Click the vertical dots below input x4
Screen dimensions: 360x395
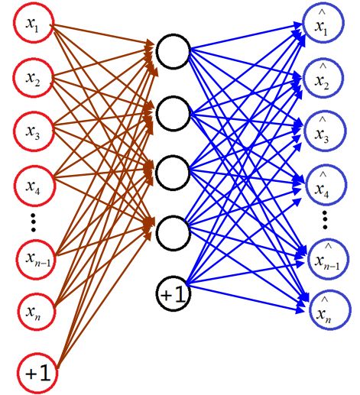(x=33, y=222)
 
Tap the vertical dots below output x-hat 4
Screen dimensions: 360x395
(x=325, y=219)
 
